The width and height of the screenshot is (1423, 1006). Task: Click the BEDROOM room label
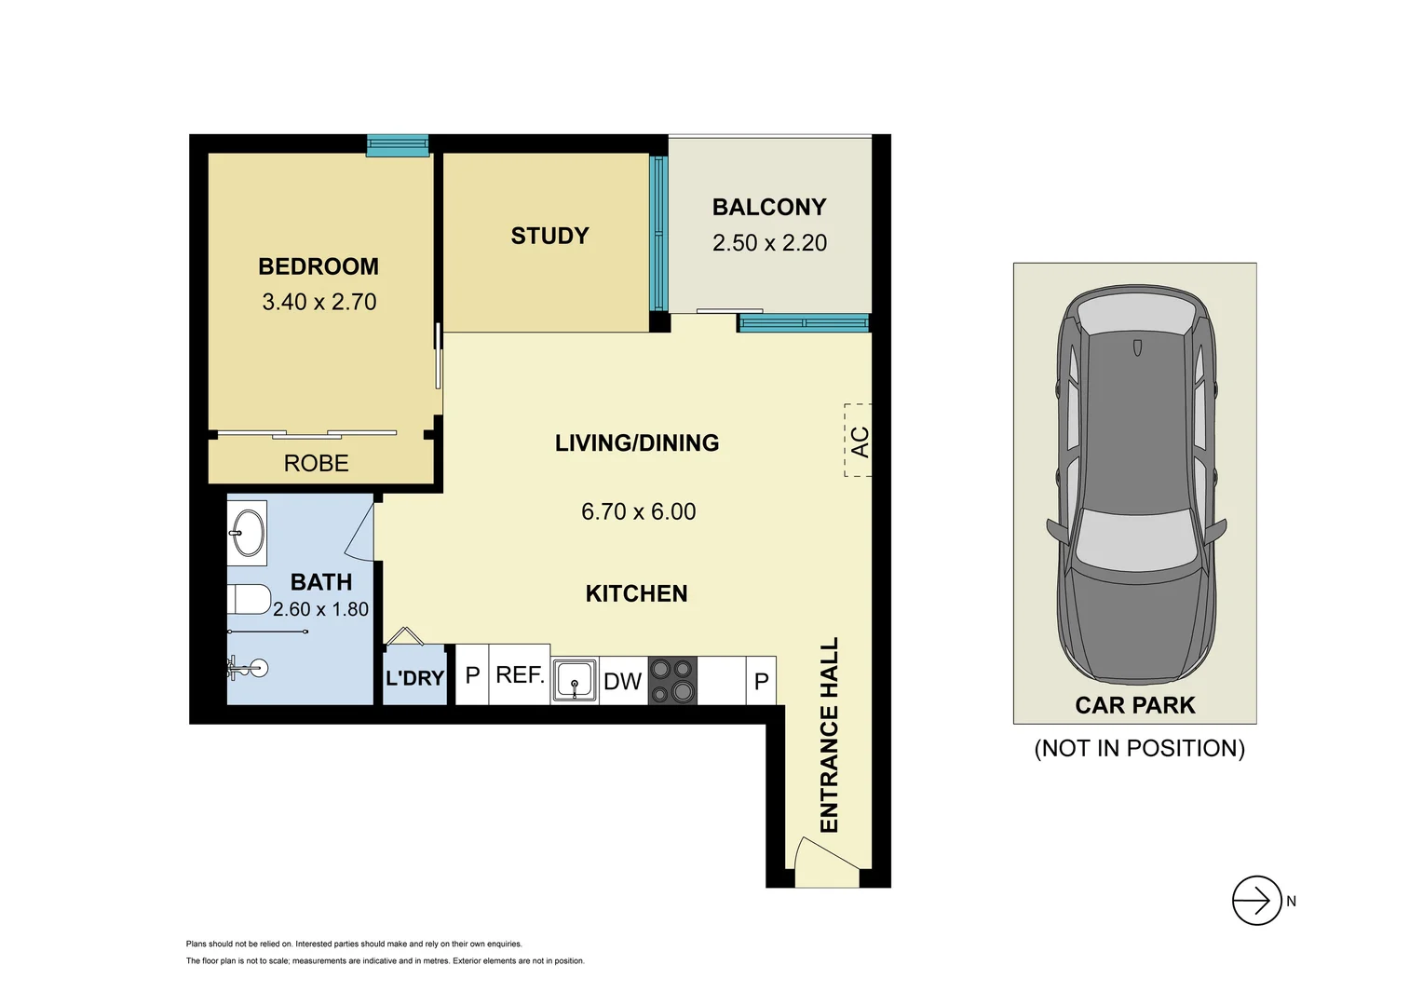pos(318,266)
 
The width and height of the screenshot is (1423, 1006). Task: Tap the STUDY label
pos(549,236)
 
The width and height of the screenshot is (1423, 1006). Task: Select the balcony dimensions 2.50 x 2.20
pos(769,243)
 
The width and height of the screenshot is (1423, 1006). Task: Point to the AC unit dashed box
pos(858,441)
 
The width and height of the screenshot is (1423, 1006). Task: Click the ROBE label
pos(316,463)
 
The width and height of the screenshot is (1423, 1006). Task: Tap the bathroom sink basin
pos(248,533)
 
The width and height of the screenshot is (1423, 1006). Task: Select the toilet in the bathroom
pos(248,599)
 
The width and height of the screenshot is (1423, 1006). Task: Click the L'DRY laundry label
pos(414,678)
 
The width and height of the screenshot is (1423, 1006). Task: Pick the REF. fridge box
pos(520,674)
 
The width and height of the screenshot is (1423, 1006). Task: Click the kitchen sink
pos(575,680)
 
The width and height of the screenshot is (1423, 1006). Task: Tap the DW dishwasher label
pos(622,681)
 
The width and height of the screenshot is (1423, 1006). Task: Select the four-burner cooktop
pos(672,680)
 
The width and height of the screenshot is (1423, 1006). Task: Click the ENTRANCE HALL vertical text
pos(829,735)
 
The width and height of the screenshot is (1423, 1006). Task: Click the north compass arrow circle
pos(1256,901)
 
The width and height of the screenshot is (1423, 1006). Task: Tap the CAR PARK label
pos(1134,705)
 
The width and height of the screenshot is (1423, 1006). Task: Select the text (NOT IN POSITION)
pos(1139,748)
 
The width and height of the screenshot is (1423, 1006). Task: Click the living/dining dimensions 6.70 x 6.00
pos(638,511)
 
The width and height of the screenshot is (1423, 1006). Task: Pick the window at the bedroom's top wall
pos(398,144)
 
